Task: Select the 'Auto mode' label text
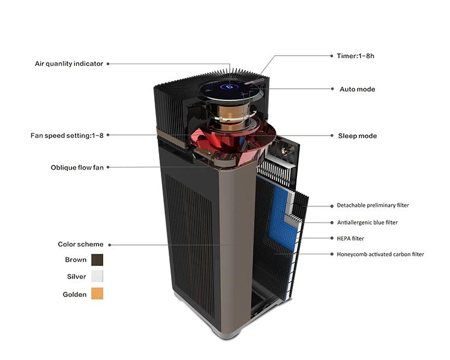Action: pyautogui.click(x=357, y=89)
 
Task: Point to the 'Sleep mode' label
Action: pyautogui.click(x=358, y=136)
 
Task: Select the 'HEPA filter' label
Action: pyautogui.click(x=350, y=239)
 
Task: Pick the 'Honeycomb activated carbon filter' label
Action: pyautogui.click(x=380, y=254)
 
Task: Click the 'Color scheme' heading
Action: pyautogui.click(x=80, y=244)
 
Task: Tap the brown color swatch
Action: pyautogui.click(x=97, y=260)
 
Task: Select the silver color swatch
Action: pyautogui.click(x=97, y=277)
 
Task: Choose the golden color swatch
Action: pyautogui.click(x=97, y=294)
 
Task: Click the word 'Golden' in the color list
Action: pyautogui.click(x=74, y=295)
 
